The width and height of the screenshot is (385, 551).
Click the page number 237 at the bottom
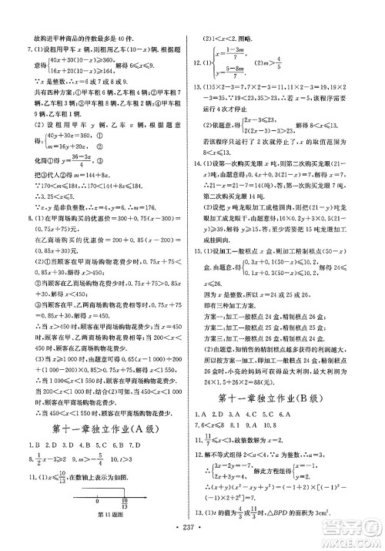pos(192,539)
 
